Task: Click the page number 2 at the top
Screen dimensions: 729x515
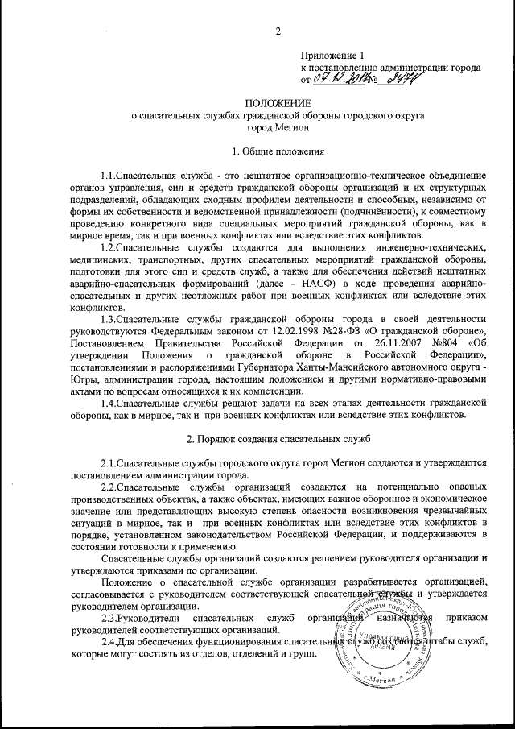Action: [277, 31]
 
